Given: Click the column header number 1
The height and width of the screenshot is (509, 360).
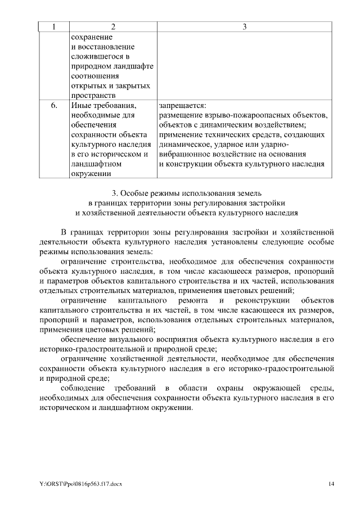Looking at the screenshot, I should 54,26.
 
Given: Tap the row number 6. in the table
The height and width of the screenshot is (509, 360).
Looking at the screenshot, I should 54,105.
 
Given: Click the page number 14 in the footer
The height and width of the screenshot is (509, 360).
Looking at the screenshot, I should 332,484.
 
